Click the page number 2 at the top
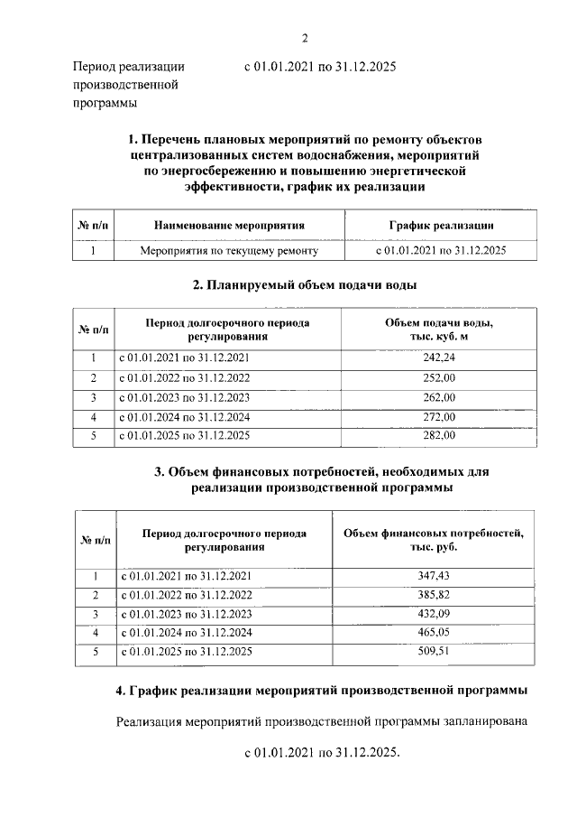(305, 37)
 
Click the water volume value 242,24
(439, 357)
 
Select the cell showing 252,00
(439, 377)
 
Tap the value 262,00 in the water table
(439, 397)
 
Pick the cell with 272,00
(439, 417)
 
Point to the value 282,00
(439, 436)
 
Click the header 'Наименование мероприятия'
(229, 225)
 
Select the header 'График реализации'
(440, 225)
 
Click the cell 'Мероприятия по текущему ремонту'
(229, 250)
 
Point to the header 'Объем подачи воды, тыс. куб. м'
(439, 330)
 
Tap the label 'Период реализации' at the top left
(129, 67)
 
